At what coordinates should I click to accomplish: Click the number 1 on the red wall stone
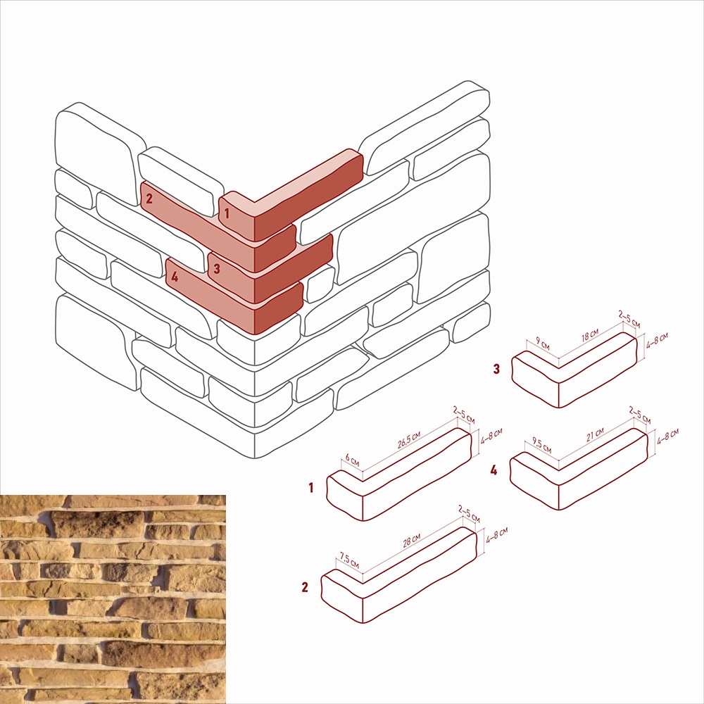click(227, 213)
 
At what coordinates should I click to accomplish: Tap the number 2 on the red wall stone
click(149, 198)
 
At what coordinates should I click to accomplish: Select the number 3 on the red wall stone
click(217, 268)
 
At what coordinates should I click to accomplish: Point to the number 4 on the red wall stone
click(174, 277)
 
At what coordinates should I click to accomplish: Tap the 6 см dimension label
click(353, 460)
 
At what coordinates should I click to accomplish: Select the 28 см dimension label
click(412, 541)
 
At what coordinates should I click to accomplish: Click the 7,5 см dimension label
click(349, 560)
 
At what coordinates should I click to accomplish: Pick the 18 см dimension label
click(590, 335)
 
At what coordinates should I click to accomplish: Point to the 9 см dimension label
click(543, 344)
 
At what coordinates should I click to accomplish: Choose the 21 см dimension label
click(596, 434)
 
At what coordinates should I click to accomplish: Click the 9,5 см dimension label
click(542, 446)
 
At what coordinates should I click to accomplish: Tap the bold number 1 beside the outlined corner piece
click(310, 487)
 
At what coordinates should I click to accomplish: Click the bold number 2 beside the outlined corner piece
click(305, 587)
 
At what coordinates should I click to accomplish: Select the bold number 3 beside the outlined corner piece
click(496, 369)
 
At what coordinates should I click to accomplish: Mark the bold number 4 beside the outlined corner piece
click(494, 470)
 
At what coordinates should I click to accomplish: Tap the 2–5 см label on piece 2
click(469, 514)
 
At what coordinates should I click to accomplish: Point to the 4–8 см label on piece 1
click(491, 436)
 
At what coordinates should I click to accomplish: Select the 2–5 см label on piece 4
click(640, 415)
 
